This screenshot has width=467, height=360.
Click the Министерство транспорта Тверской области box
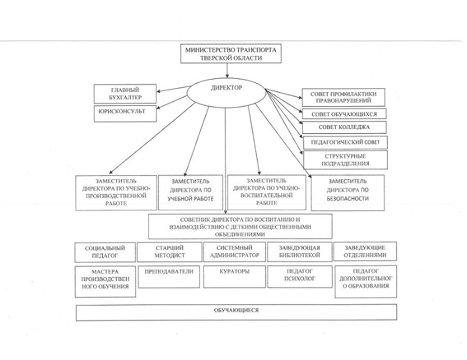231,53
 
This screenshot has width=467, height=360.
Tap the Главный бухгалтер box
125,94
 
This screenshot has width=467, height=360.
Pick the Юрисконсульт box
125,114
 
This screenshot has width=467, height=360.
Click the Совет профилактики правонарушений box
344,98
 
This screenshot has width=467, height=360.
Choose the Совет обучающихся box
344,114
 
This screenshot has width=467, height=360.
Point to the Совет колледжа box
344,127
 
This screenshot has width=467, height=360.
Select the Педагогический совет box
345,142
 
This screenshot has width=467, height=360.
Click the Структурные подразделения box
345,160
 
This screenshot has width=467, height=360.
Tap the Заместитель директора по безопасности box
348,192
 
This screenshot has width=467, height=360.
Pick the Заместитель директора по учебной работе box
190,192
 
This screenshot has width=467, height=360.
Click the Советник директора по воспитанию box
240,227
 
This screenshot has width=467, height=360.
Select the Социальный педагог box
105,252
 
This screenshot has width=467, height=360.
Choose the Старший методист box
170,252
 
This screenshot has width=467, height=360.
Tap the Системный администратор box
235,252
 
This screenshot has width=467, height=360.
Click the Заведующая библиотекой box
299,252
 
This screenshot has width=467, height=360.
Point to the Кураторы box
235,276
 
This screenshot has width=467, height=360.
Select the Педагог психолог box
299,276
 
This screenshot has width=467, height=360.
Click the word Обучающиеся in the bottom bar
236,310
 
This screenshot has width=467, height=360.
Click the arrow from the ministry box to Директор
227,71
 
